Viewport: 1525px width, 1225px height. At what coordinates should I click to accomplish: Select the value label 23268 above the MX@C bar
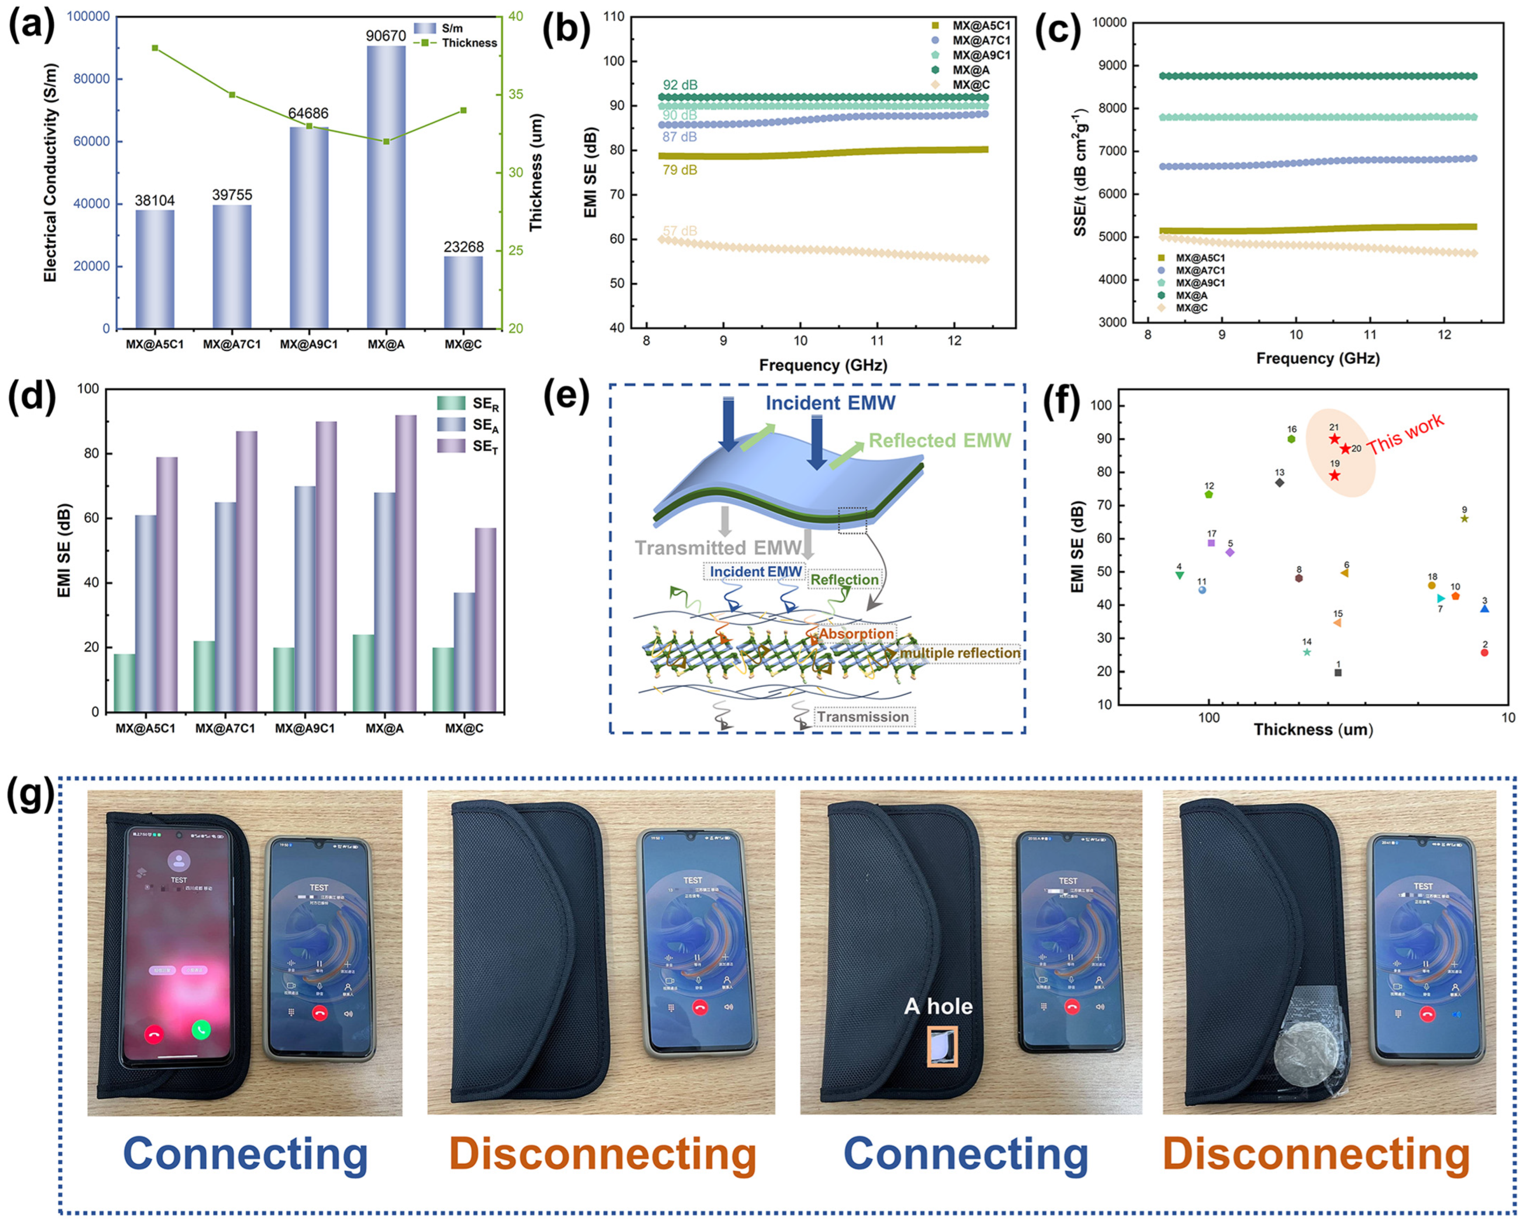pos(463,247)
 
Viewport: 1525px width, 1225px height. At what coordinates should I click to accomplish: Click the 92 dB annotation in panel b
pos(680,85)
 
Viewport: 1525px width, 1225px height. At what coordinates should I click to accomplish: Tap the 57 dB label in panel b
pos(680,231)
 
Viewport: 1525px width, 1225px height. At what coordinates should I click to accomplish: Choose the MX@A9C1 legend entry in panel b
pos(980,55)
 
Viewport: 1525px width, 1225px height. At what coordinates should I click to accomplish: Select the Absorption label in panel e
pos(857,634)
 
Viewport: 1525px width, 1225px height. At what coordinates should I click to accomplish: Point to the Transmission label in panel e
pos(863,717)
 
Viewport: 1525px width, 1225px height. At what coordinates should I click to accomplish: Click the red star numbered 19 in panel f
pos(1334,475)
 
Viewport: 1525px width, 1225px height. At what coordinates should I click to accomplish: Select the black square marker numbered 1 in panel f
pos(1338,673)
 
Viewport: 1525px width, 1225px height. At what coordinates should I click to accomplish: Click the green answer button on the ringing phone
pos(201,1029)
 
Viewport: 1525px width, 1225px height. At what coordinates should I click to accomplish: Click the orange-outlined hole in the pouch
pos(942,1047)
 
